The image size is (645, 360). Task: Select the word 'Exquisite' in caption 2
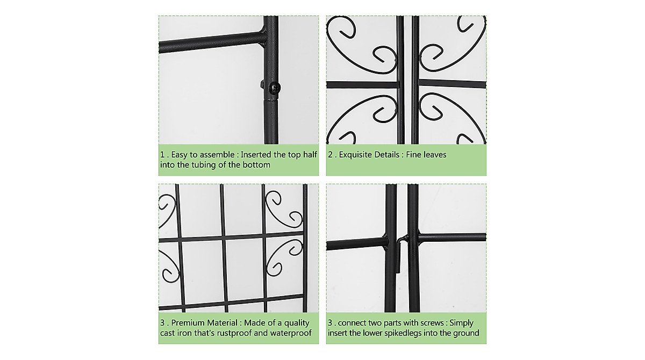[358, 155]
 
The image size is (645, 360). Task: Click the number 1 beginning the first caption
[162, 155]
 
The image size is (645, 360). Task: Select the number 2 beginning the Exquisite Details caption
[330, 155]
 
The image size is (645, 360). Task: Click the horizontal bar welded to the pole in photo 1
[210, 42]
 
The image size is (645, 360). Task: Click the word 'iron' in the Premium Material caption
[188, 333]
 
